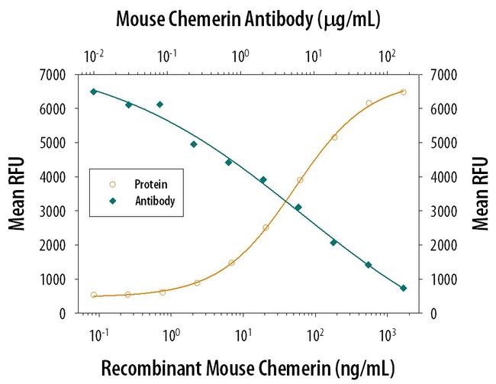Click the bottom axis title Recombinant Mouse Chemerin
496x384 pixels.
pos(247,368)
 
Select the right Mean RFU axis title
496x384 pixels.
pos(480,194)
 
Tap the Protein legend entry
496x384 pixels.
pos(150,184)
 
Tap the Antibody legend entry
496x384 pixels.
pos(155,202)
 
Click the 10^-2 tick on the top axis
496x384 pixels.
pos(95,56)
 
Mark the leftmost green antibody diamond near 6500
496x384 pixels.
pos(94,92)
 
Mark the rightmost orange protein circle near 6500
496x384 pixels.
pos(403,92)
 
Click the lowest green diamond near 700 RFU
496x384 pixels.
pos(404,288)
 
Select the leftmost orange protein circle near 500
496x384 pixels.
pos(94,295)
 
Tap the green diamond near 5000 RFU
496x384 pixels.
pos(194,144)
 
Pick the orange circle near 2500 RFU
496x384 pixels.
pos(266,227)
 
